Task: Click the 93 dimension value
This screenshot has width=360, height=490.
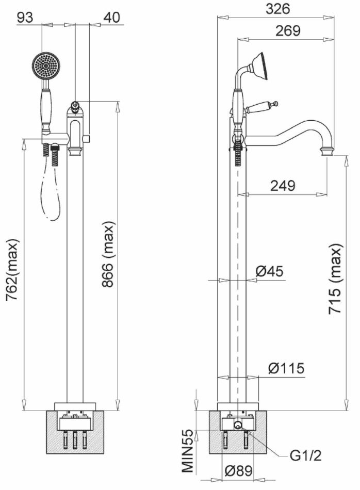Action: click(x=25, y=18)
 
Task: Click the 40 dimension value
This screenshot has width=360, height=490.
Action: click(x=111, y=18)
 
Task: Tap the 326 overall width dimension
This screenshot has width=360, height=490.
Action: click(x=278, y=9)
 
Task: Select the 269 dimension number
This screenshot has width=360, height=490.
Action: click(x=288, y=30)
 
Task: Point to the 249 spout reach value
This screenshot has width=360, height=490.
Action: click(x=283, y=186)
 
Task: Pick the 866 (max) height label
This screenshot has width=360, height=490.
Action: click(x=108, y=254)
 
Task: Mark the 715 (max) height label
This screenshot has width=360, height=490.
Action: click(x=336, y=278)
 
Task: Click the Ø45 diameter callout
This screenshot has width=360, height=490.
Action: click(x=269, y=271)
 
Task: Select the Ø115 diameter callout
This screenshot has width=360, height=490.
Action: click(x=286, y=368)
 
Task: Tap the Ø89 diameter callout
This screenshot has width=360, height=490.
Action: click(x=238, y=470)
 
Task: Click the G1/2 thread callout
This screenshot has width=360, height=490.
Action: click(x=305, y=456)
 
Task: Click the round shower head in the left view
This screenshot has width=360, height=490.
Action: click(x=46, y=66)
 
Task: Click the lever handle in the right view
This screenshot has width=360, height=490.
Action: click(x=261, y=107)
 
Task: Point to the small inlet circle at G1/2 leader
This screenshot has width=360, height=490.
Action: click(x=238, y=425)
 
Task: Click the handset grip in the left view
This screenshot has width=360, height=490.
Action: click(x=45, y=106)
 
